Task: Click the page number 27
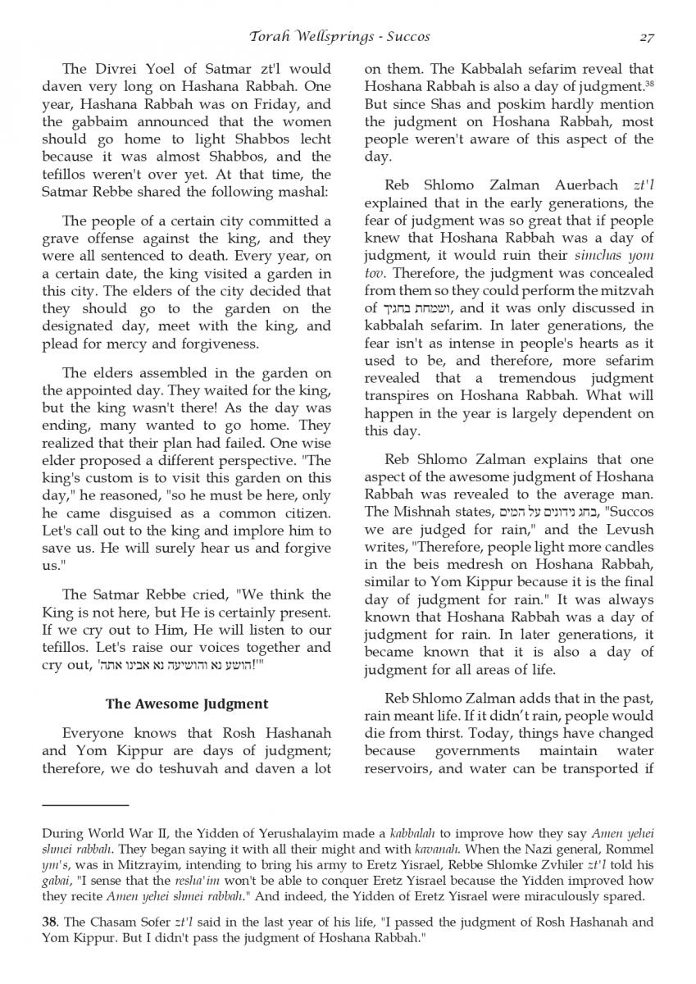tap(644, 36)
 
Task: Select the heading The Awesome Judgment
tap(187, 704)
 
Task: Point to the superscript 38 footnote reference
tap(649, 82)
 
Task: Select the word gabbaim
tap(97, 122)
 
